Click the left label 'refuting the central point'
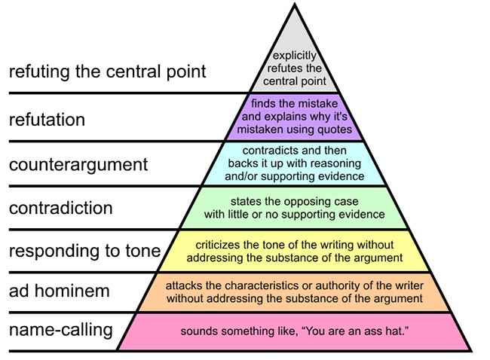pyautogui.click(x=108, y=72)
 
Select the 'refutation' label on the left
pyautogui.click(x=47, y=120)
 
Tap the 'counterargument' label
pyautogui.click(x=78, y=165)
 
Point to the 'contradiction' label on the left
pyautogui.click(x=60, y=208)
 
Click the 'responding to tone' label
pyautogui.click(x=84, y=251)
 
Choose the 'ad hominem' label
pyautogui.click(x=60, y=291)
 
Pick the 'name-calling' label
pyautogui.click(x=61, y=330)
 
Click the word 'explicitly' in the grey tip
pyautogui.click(x=294, y=56)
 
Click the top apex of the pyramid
pyautogui.click(x=294, y=4)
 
